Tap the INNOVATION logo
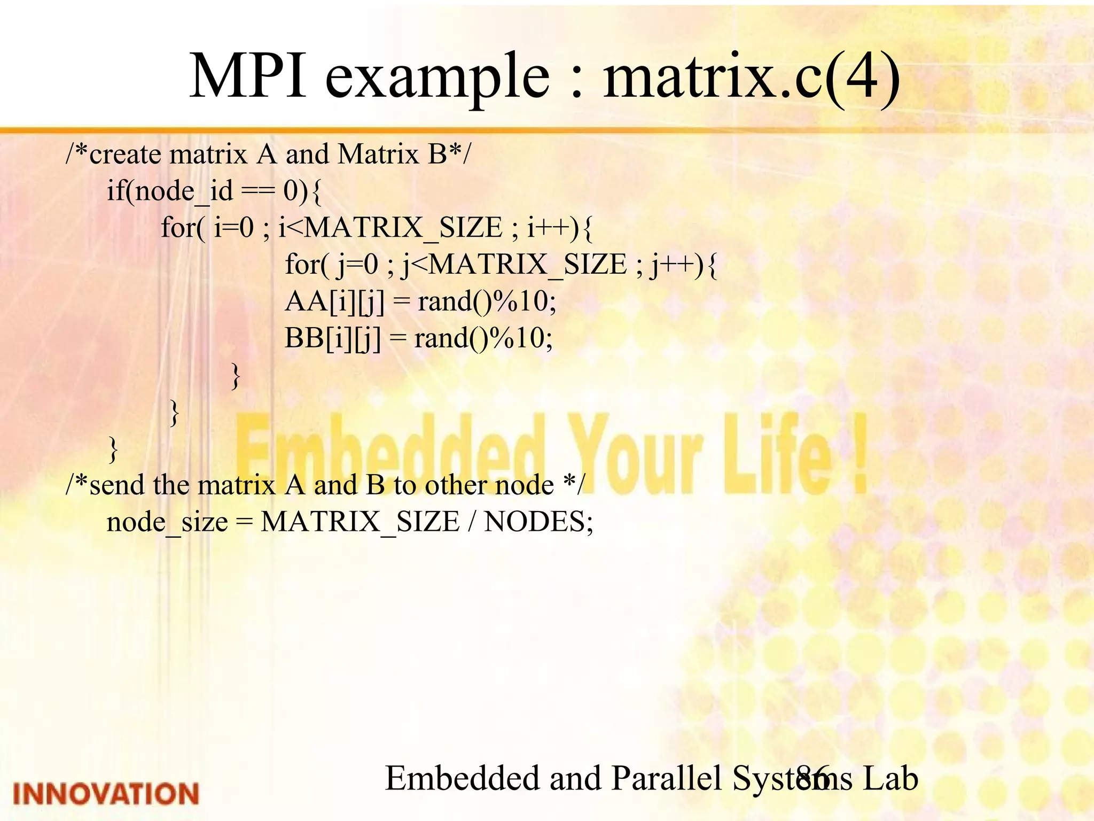tap(106, 794)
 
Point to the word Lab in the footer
tap(890, 778)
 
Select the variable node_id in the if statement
tap(184, 191)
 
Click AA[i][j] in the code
tap(335, 301)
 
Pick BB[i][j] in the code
tap(333, 338)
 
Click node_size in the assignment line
tap(167, 522)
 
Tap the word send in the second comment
tap(117, 485)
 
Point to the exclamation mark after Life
tap(858, 454)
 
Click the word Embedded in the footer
tap(462, 778)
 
